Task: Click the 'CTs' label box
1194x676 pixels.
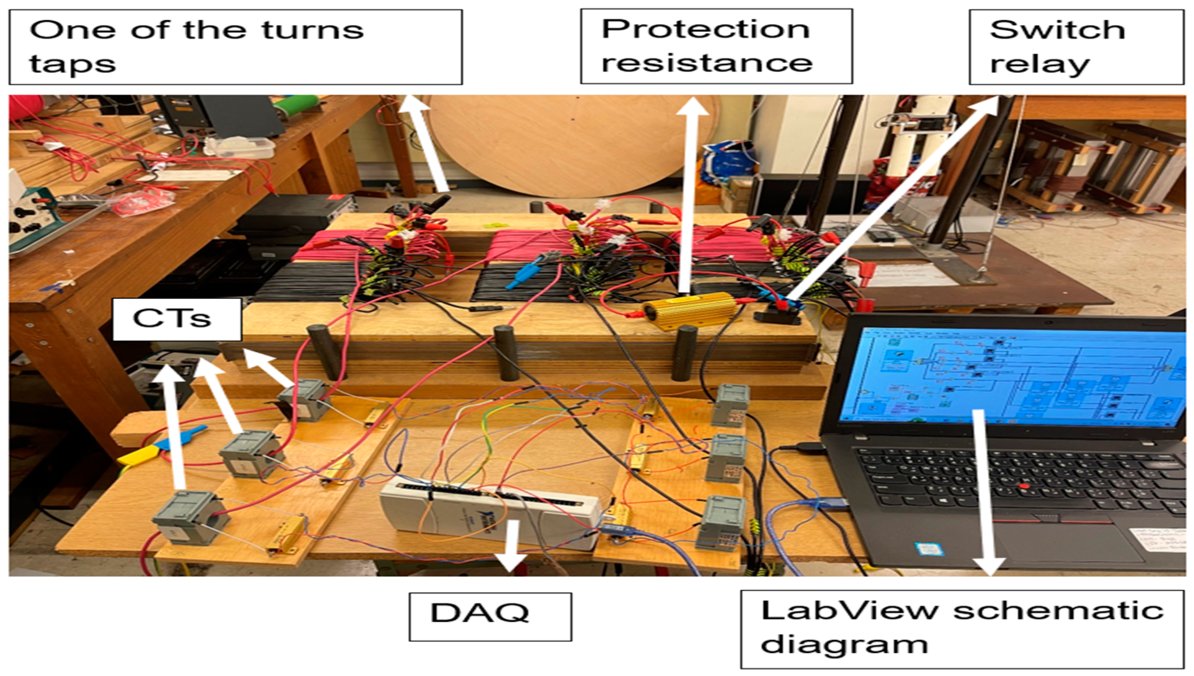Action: (177, 319)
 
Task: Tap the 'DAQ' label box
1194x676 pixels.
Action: (490, 616)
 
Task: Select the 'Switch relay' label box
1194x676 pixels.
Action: (1076, 46)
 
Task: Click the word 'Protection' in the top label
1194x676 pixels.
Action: (705, 29)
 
